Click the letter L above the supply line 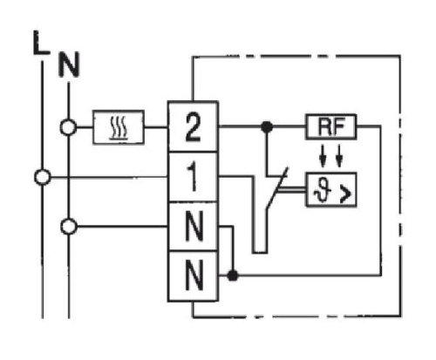[x=41, y=43]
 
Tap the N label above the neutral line [x=69, y=65]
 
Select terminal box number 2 [x=193, y=126]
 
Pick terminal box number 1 [x=193, y=177]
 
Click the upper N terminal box [x=193, y=227]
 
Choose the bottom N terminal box [x=193, y=276]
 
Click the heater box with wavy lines [x=119, y=127]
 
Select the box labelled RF [x=331, y=126]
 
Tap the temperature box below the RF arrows [x=331, y=189]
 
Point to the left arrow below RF [x=323, y=156]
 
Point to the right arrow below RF [x=339, y=156]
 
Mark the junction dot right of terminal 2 [x=267, y=127]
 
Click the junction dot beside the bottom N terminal [x=233, y=275]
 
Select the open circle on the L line [x=43, y=177]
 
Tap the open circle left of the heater [x=68, y=127]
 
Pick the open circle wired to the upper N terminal [x=69, y=227]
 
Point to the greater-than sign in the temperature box [x=346, y=194]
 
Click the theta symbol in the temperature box [x=324, y=191]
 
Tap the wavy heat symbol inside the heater [x=119, y=128]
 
